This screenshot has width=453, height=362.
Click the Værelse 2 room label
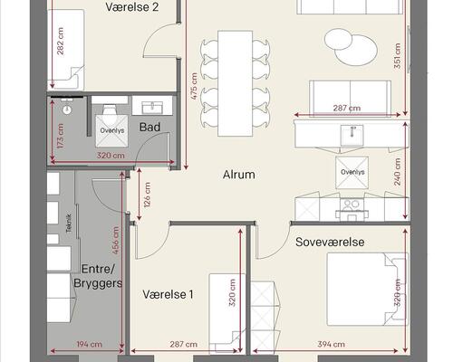[132, 7]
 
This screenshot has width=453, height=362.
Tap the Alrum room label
[239, 175]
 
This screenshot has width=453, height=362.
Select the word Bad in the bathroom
[149, 128]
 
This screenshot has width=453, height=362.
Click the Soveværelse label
[330, 242]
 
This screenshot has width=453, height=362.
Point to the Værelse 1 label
[168, 294]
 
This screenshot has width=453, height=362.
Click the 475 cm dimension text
[194, 87]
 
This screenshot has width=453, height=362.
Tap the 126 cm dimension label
[147, 195]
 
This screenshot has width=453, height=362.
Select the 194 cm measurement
[90, 344]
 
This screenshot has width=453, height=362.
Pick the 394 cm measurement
[332, 344]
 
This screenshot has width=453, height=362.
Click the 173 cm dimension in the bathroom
[61, 136]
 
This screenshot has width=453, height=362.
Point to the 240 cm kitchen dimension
[398, 172]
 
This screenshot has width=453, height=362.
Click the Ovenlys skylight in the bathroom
[112, 130]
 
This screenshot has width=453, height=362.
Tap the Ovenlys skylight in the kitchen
[352, 172]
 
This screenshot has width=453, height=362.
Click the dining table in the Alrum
[236, 83]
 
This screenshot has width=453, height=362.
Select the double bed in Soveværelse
[368, 289]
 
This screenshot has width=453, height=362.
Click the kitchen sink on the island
[352, 135]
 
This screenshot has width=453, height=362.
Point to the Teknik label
[69, 224]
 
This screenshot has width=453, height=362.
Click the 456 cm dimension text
[116, 240]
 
